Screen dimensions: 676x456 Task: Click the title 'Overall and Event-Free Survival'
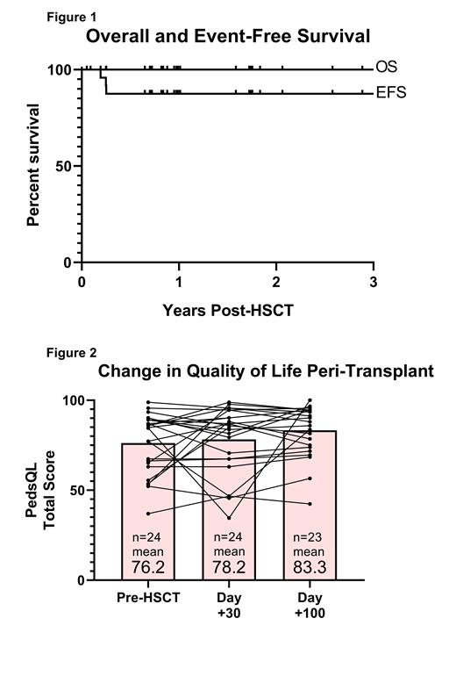point(227,37)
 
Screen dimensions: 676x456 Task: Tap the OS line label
point(386,68)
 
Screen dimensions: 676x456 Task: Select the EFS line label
point(390,92)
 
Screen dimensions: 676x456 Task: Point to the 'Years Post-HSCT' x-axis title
point(226,310)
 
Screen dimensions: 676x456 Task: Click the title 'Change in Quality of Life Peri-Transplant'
point(265,371)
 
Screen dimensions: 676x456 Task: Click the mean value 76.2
point(148,566)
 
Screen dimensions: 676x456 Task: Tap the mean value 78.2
point(229,566)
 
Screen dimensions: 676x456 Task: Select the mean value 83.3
point(310,566)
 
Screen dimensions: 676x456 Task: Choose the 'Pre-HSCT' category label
point(148,598)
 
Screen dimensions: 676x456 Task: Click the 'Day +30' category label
point(229,605)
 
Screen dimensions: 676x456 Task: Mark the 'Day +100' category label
point(310,605)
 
